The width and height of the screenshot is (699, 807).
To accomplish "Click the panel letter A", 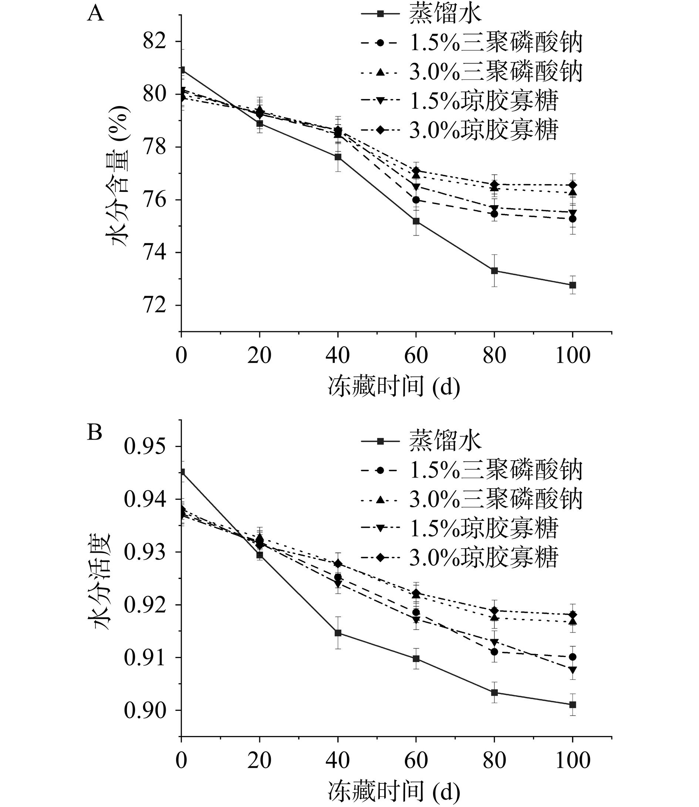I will click(x=95, y=14).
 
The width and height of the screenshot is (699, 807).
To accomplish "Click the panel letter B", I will click(x=94, y=432).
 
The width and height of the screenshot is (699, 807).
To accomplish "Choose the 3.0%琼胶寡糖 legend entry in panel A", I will click(x=484, y=130).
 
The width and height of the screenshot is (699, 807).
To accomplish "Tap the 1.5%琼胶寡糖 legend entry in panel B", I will click(x=484, y=528).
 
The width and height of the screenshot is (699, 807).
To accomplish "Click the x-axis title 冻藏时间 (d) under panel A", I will click(x=394, y=387).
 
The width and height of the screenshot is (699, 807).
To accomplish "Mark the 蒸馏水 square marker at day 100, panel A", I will click(x=573, y=285).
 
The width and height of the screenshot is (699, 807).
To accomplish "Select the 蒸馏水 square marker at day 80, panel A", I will click(x=494, y=271).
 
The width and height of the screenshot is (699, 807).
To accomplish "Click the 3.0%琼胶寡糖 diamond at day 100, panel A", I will click(x=573, y=185).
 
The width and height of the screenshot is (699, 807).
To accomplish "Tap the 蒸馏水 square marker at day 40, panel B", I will click(x=338, y=633).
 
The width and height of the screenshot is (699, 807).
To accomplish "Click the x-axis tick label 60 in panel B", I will click(x=416, y=770).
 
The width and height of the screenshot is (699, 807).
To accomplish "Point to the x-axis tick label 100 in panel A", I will click(x=573, y=356).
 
